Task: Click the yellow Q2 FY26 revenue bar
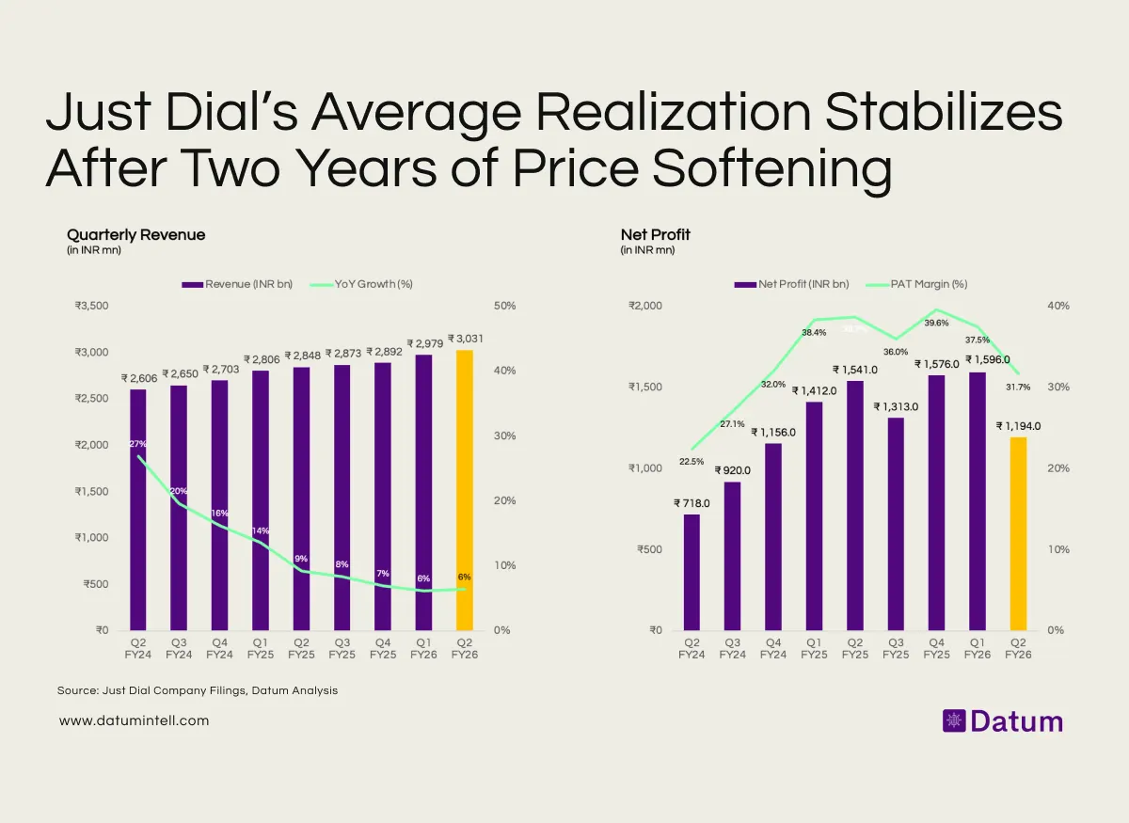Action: pos(464,489)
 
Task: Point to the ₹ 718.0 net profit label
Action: pos(692,503)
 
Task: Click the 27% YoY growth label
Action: pos(138,443)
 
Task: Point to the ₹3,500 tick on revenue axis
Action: pos(92,306)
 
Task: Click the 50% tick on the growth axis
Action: pos(504,306)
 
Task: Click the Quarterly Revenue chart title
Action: pos(135,234)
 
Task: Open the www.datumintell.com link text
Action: pos(134,720)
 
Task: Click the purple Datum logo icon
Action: pos(954,721)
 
